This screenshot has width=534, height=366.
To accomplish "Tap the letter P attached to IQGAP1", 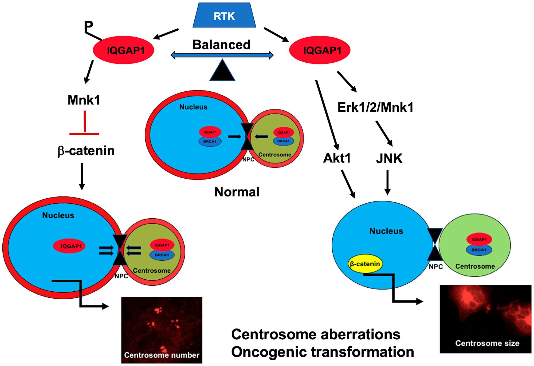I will tap(88, 26).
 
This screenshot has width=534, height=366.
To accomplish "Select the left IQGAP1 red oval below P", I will tap(123, 50).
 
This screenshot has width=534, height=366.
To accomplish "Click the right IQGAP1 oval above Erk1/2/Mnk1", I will tap(320, 50).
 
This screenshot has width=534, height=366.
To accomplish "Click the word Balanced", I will tap(221, 45).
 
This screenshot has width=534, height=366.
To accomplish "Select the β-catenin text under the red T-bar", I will tap(86, 151).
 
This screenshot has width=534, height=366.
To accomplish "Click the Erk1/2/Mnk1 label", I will tap(375, 107).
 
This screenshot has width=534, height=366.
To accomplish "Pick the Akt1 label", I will tap(337, 158).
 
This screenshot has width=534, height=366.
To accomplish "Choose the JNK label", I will tap(389, 159).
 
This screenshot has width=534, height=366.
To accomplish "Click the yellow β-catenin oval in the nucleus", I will tap(365, 264).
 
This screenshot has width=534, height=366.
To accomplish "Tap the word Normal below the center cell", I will tap(237, 192).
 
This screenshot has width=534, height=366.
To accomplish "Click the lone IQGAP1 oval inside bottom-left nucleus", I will tap(69, 246).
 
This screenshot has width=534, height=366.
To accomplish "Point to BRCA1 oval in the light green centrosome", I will tap(479, 250).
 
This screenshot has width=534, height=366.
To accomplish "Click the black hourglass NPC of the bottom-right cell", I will tap(435, 244).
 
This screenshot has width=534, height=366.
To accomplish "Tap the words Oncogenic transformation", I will tap(323, 352).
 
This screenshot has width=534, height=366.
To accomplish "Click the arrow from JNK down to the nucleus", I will tap(387, 183).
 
